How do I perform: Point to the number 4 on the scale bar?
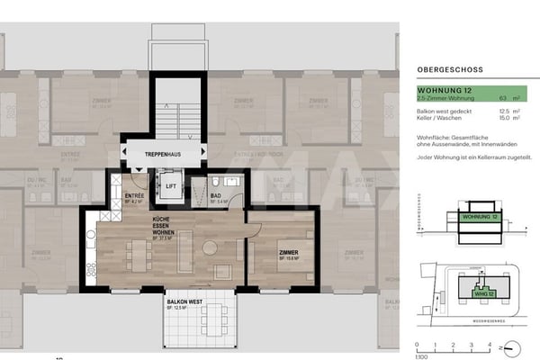tap(488, 344)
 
